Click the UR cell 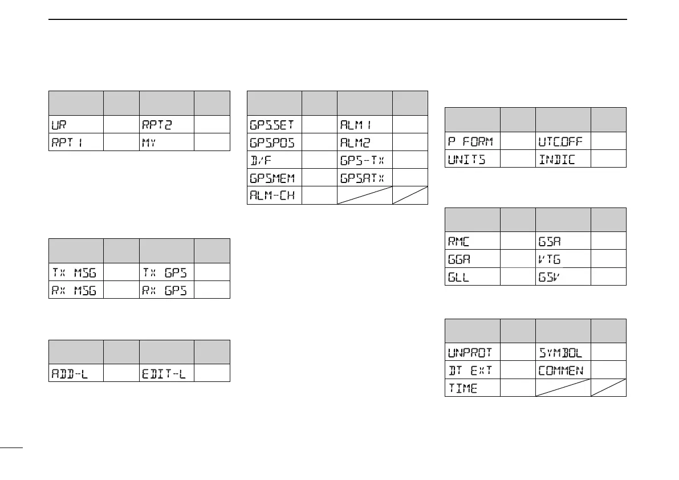(x=59, y=124)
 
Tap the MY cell (x=148, y=141)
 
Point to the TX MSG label (x=70, y=272)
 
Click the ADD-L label (x=67, y=373)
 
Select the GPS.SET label (x=271, y=124)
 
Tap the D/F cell (x=259, y=160)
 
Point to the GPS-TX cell (x=361, y=160)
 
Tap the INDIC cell (x=556, y=158)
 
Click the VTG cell (x=550, y=259)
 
